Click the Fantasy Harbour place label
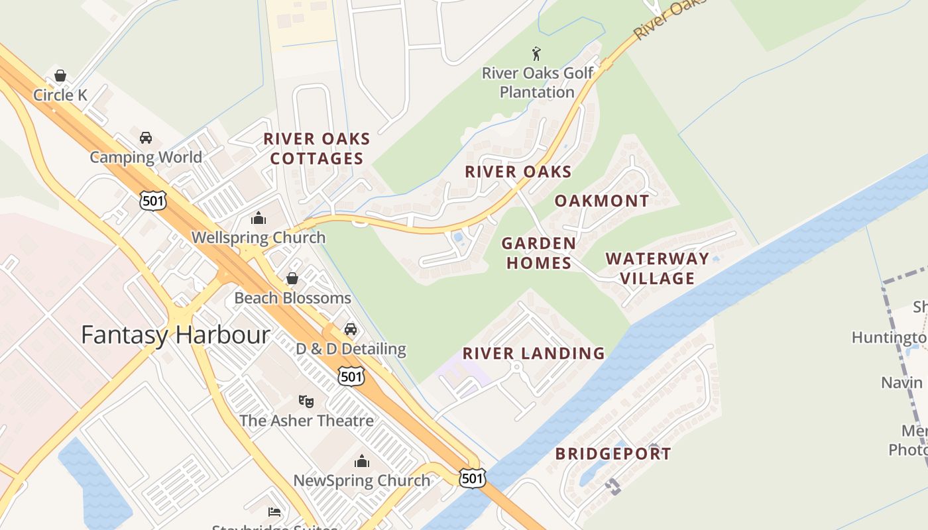point(175,335)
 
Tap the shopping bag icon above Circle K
point(60,76)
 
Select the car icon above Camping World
point(146,138)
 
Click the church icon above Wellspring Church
point(258,218)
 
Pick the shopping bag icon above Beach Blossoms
point(292,278)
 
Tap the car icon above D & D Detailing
point(351,329)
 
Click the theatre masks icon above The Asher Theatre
point(306,401)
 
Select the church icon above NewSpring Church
point(362,461)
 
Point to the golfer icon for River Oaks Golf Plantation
point(537,54)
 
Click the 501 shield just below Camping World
point(152,200)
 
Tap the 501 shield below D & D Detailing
point(351,376)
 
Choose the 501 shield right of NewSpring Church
point(472,477)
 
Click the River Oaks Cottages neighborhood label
point(317,148)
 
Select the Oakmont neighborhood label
point(602,201)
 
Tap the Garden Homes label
point(538,253)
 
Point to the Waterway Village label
point(657,268)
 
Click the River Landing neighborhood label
point(534,353)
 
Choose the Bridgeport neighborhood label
point(613,454)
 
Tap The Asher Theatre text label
point(306,421)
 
